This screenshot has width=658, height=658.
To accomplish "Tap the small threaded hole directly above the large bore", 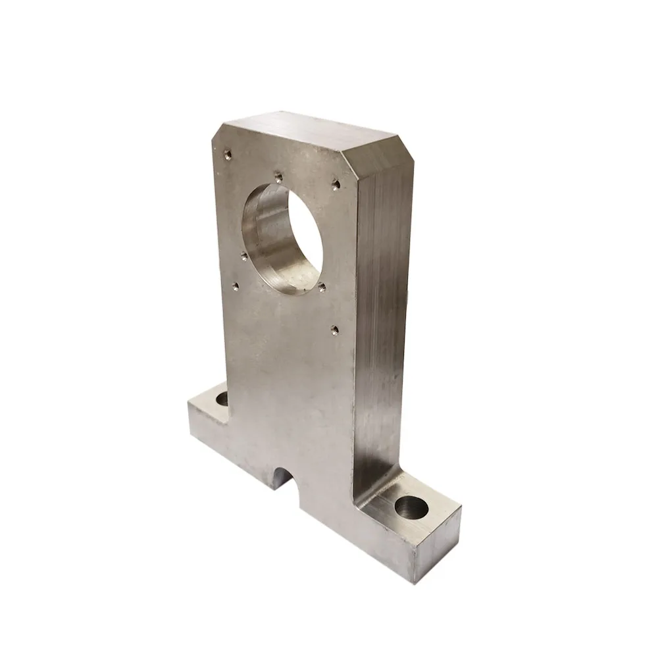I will click(x=278, y=176).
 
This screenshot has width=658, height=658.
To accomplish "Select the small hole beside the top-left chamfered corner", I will click(x=228, y=155).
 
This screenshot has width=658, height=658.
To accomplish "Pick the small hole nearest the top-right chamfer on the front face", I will click(x=336, y=184).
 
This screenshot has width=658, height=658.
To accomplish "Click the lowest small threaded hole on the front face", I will click(x=334, y=329).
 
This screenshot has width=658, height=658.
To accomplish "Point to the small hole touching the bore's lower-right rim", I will click(x=322, y=287).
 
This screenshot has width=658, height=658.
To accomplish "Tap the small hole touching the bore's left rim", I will click(x=244, y=256).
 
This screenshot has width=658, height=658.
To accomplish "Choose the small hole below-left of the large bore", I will click(x=235, y=286).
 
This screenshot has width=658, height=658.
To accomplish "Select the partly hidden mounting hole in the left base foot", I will click(x=222, y=398).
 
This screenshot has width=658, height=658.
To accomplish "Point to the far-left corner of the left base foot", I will click(x=189, y=403).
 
